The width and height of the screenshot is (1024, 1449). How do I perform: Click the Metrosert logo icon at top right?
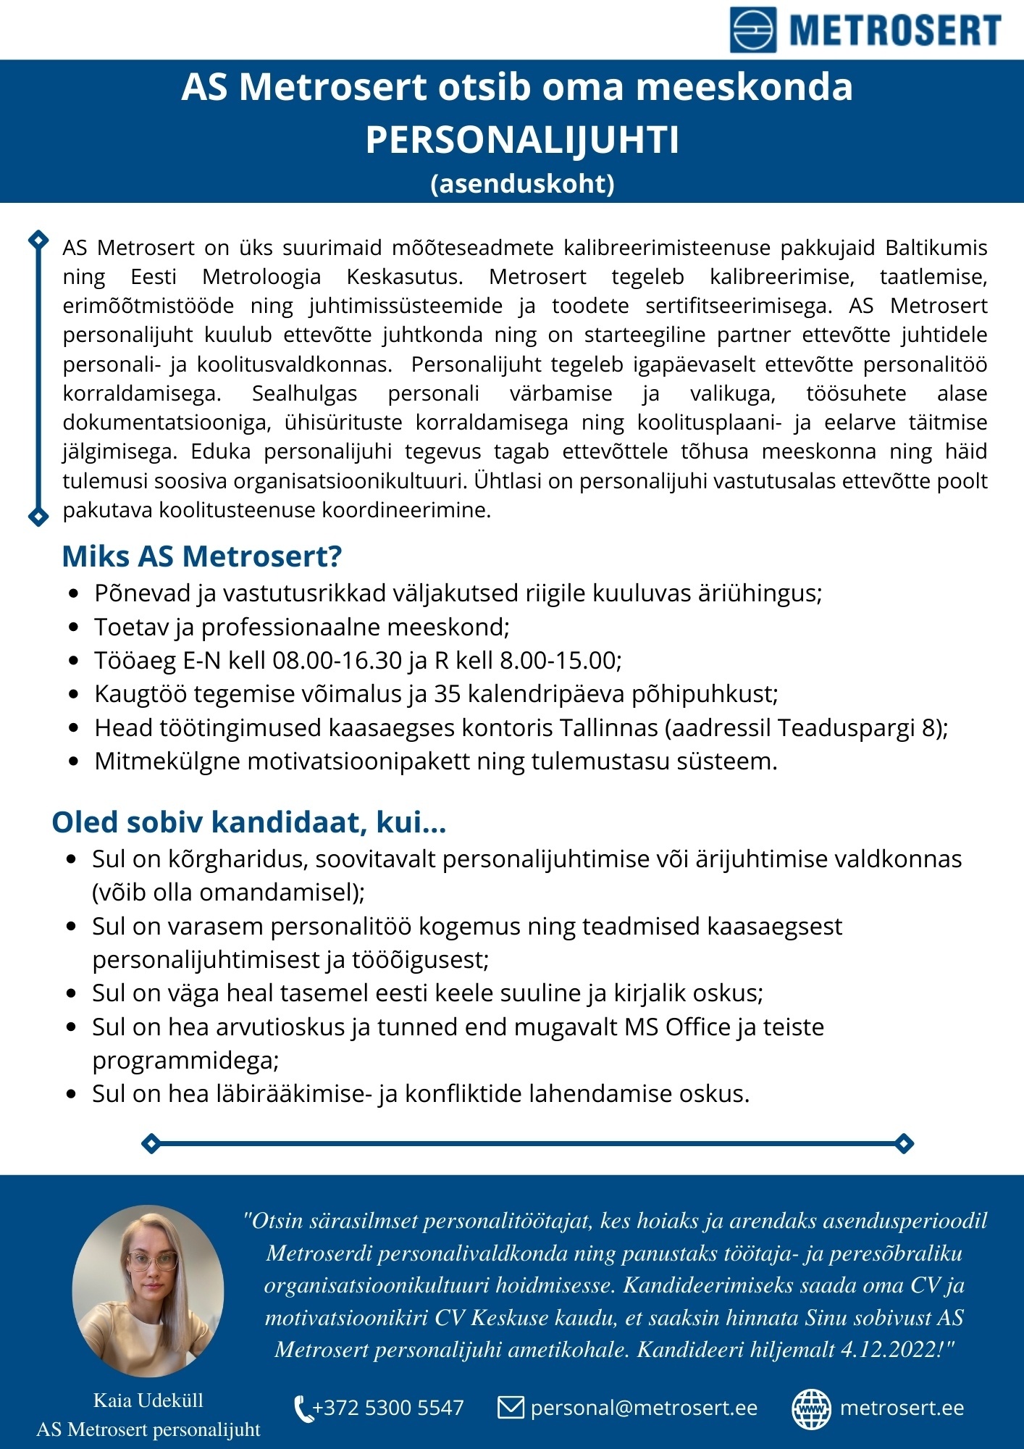pos(752,30)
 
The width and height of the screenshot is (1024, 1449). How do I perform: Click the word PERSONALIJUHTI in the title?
pos(522,140)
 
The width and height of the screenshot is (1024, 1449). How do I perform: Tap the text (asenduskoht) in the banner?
pos(522,183)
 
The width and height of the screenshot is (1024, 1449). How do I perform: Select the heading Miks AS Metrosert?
pos(201,556)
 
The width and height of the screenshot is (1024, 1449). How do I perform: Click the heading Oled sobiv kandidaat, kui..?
pos(248,822)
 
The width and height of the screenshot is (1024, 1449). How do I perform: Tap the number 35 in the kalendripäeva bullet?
pos(448,694)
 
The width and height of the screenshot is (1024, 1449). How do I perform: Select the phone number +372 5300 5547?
pos(387,1408)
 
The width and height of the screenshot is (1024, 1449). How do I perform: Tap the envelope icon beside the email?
pos(511,1408)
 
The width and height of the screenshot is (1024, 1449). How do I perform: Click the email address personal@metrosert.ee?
pos(643,1408)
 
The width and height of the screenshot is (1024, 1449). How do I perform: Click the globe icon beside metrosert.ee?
pos(811,1408)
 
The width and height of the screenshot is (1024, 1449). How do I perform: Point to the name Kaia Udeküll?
pos(148,1400)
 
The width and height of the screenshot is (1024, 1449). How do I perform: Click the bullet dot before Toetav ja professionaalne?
pos(74,627)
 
